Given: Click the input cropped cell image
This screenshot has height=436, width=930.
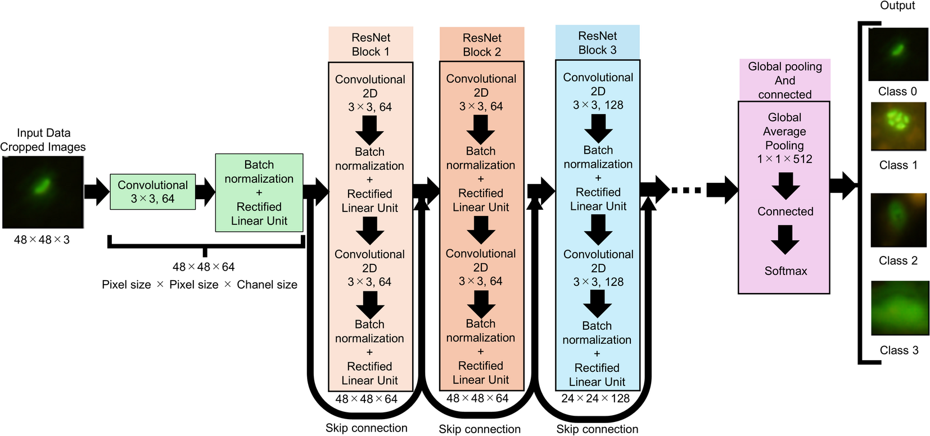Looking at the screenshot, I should point(43,192).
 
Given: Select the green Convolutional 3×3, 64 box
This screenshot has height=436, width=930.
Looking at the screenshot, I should point(153,192).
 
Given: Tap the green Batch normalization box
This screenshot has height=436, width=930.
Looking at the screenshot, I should point(259,192).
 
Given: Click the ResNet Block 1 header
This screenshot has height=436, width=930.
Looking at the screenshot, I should point(371,44).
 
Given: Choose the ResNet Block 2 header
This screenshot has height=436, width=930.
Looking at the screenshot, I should point(482,45).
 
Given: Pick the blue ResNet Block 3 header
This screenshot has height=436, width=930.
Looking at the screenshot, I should point(597,43).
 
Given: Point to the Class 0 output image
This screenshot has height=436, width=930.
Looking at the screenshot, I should point(897,54).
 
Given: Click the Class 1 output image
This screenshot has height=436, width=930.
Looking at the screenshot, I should point(898,126).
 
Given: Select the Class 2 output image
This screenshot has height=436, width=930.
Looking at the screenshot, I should point(898,220).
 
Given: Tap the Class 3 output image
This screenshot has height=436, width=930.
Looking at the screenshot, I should point(899,308).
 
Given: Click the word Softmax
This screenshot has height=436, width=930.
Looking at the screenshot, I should point(785,271).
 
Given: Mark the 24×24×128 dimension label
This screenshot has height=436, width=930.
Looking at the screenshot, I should point(595,398).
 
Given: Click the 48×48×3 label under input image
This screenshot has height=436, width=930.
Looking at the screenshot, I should point(42,240).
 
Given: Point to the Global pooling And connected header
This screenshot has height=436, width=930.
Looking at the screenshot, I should point(784,80).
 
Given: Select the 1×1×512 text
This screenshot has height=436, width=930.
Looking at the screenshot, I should point(784,159).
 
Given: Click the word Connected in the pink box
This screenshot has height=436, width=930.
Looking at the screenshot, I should point(785,212).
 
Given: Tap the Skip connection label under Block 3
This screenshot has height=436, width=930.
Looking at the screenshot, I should point(597,429).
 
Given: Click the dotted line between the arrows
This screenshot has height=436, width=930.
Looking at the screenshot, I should point(687,190).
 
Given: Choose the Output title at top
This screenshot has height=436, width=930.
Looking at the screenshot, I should point(897,6).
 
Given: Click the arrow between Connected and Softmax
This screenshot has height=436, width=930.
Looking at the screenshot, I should point(785,240).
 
